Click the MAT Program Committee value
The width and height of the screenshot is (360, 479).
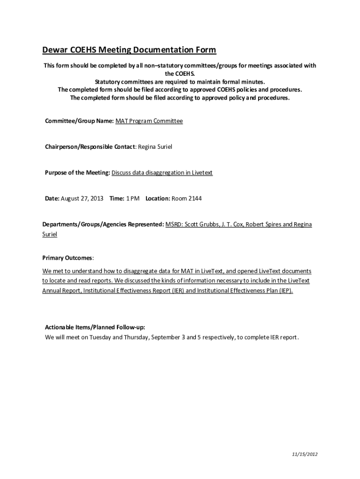[149, 121]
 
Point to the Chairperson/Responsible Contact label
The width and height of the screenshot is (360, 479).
[90, 147]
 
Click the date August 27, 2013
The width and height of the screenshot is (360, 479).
[82, 198]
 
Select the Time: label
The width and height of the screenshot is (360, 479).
[116, 198]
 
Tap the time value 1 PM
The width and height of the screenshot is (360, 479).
[133, 198]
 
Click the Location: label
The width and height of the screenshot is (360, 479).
[158, 198]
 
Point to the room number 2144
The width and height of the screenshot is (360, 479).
[194, 198]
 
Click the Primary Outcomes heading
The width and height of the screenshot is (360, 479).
[68, 258]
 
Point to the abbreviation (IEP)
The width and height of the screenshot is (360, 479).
[285, 290]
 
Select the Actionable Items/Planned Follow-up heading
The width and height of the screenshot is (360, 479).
[98, 327]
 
